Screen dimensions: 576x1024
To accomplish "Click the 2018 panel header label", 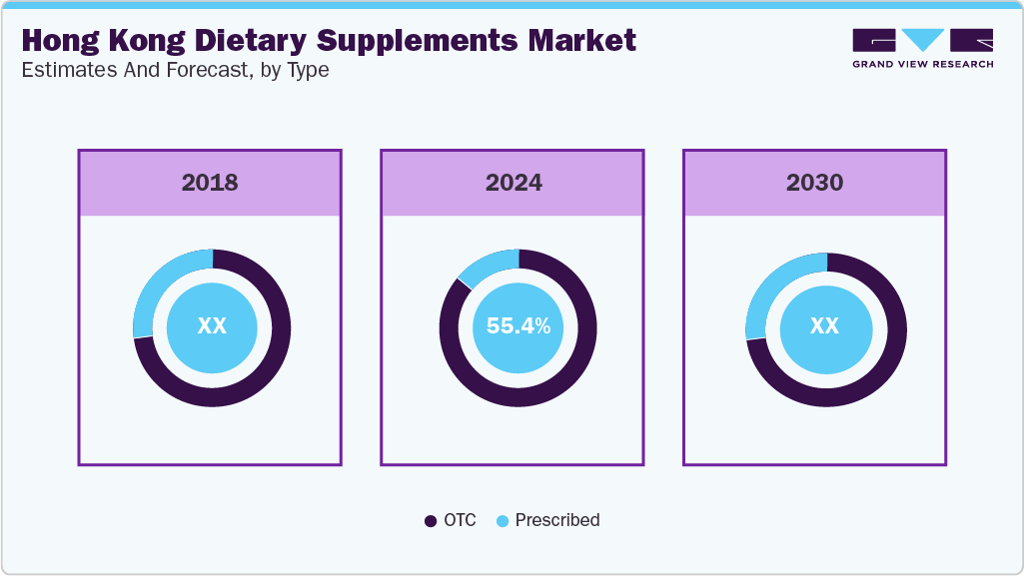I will (x=210, y=183).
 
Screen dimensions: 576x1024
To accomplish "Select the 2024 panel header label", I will (x=513, y=183).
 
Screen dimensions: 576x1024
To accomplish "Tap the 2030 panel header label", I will (x=814, y=183).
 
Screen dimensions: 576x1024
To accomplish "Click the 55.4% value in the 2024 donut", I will (x=517, y=326).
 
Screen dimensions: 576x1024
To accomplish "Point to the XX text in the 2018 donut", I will (x=212, y=326).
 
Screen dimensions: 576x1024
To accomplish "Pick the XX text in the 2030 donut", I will (x=824, y=326).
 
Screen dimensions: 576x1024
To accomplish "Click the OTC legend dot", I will (x=431, y=521).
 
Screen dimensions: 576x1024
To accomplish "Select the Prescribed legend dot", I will (x=503, y=521).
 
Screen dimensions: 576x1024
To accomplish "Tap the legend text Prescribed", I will (x=556, y=520).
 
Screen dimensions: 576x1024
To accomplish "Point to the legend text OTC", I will (x=460, y=520).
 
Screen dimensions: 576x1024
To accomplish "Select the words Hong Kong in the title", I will (x=92, y=41).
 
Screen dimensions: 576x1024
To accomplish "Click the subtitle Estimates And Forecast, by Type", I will (x=175, y=71).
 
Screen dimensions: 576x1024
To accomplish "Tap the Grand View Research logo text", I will (x=922, y=64).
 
